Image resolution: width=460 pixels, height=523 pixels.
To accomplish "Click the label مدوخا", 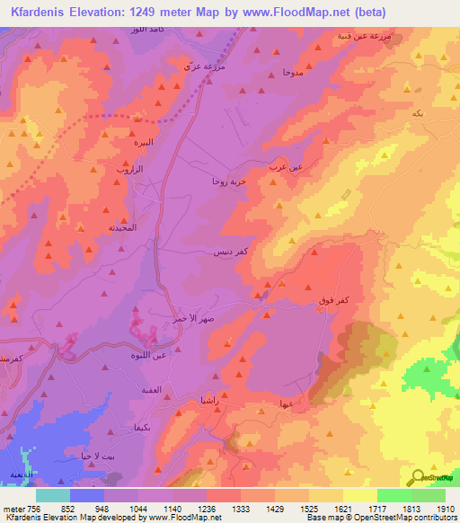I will click(x=291, y=71).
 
